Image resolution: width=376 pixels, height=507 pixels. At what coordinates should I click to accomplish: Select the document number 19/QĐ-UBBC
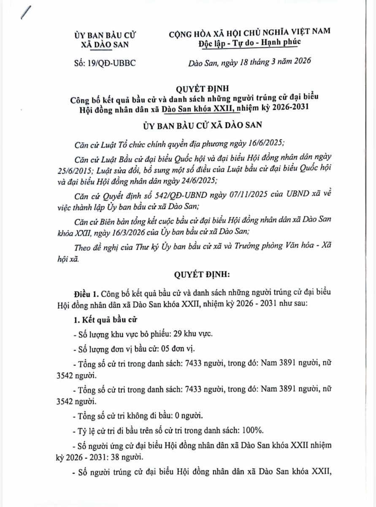point(112,63)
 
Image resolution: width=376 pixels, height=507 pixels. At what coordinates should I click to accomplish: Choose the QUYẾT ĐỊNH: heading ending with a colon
point(202,275)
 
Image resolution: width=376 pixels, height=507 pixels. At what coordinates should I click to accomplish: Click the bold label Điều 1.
point(86,293)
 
